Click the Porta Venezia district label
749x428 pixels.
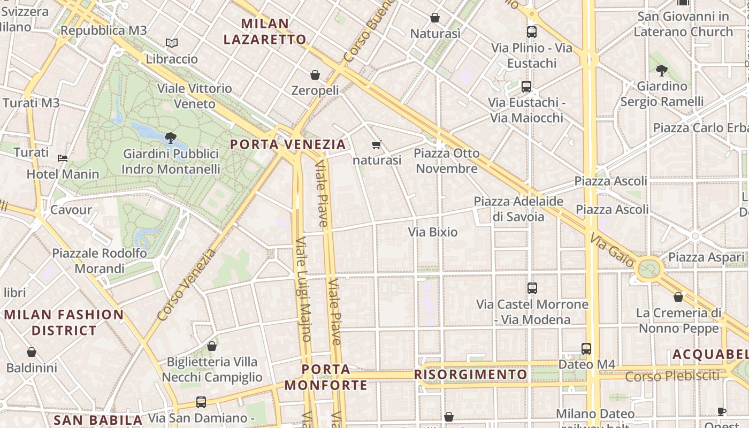tap(288, 144)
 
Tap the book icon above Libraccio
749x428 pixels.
tap(171, 43)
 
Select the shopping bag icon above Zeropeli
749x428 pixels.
tap(315, 75)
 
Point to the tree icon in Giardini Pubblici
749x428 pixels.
tap(171, 138)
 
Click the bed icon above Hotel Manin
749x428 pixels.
tap(63, 158)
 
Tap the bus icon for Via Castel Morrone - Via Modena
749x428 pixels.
tap(532, 288)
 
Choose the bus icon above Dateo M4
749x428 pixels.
tap(586, 349)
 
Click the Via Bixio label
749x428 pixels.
tap(433, 232)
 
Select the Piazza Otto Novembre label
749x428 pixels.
tap(447, 161)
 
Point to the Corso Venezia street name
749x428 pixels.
tap(187, 285)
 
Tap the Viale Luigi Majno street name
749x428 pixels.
tap(303, 289)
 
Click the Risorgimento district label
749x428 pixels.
tap(471, 374)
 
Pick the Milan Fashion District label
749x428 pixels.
tap(64, 323)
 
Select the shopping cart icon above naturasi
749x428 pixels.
tap(377, 144)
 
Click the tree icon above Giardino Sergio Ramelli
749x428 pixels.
tap(662, 70)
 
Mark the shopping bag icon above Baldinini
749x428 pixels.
tap(32, 352)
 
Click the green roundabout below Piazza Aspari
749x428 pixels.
tap(649, 268)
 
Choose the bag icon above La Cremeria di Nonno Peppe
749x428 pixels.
tap(678, 297)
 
